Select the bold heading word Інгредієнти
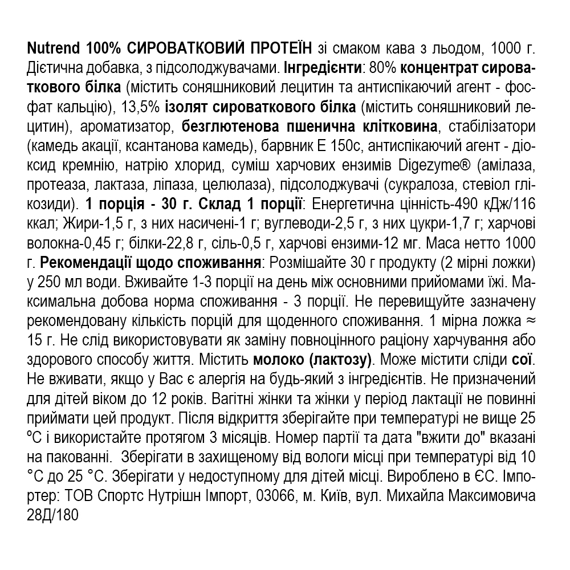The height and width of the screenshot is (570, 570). point(323,67)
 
